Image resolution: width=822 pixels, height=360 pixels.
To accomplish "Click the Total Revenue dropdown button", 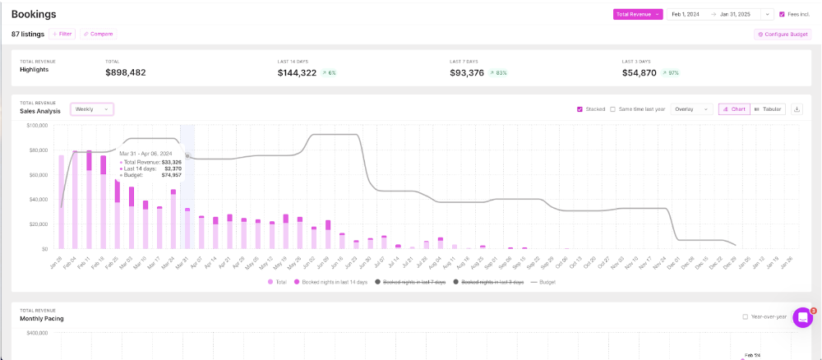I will point(637,14).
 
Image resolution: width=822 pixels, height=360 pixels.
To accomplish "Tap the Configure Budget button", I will point(782,34).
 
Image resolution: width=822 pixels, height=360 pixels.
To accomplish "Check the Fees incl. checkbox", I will point(782,14).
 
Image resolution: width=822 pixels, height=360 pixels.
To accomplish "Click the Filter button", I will point(62,34).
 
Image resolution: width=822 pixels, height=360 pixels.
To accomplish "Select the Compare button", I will point(98,34).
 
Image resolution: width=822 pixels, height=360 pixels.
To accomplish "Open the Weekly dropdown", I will point(92,109).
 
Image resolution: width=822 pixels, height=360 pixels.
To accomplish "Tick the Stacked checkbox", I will point(580,109).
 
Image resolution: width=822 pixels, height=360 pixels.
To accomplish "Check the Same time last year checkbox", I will point(613,109).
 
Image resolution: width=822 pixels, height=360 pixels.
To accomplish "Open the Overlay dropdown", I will point(691,109).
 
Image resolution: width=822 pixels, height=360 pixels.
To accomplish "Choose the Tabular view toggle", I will point(768,109).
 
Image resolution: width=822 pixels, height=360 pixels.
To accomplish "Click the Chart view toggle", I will point(734,109).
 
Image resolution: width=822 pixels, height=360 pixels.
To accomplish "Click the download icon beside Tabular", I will point(797,109).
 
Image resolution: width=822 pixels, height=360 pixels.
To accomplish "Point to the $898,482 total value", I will point(126,72).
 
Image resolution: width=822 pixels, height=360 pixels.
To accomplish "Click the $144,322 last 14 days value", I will point(297,72).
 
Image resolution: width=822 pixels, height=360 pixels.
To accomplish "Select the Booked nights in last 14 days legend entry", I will point(329,282).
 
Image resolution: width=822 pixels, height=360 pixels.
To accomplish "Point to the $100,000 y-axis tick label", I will point(37,126).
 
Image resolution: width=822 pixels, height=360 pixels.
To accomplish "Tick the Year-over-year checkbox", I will point(745,316).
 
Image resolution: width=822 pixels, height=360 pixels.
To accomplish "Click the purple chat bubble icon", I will point(802,318).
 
